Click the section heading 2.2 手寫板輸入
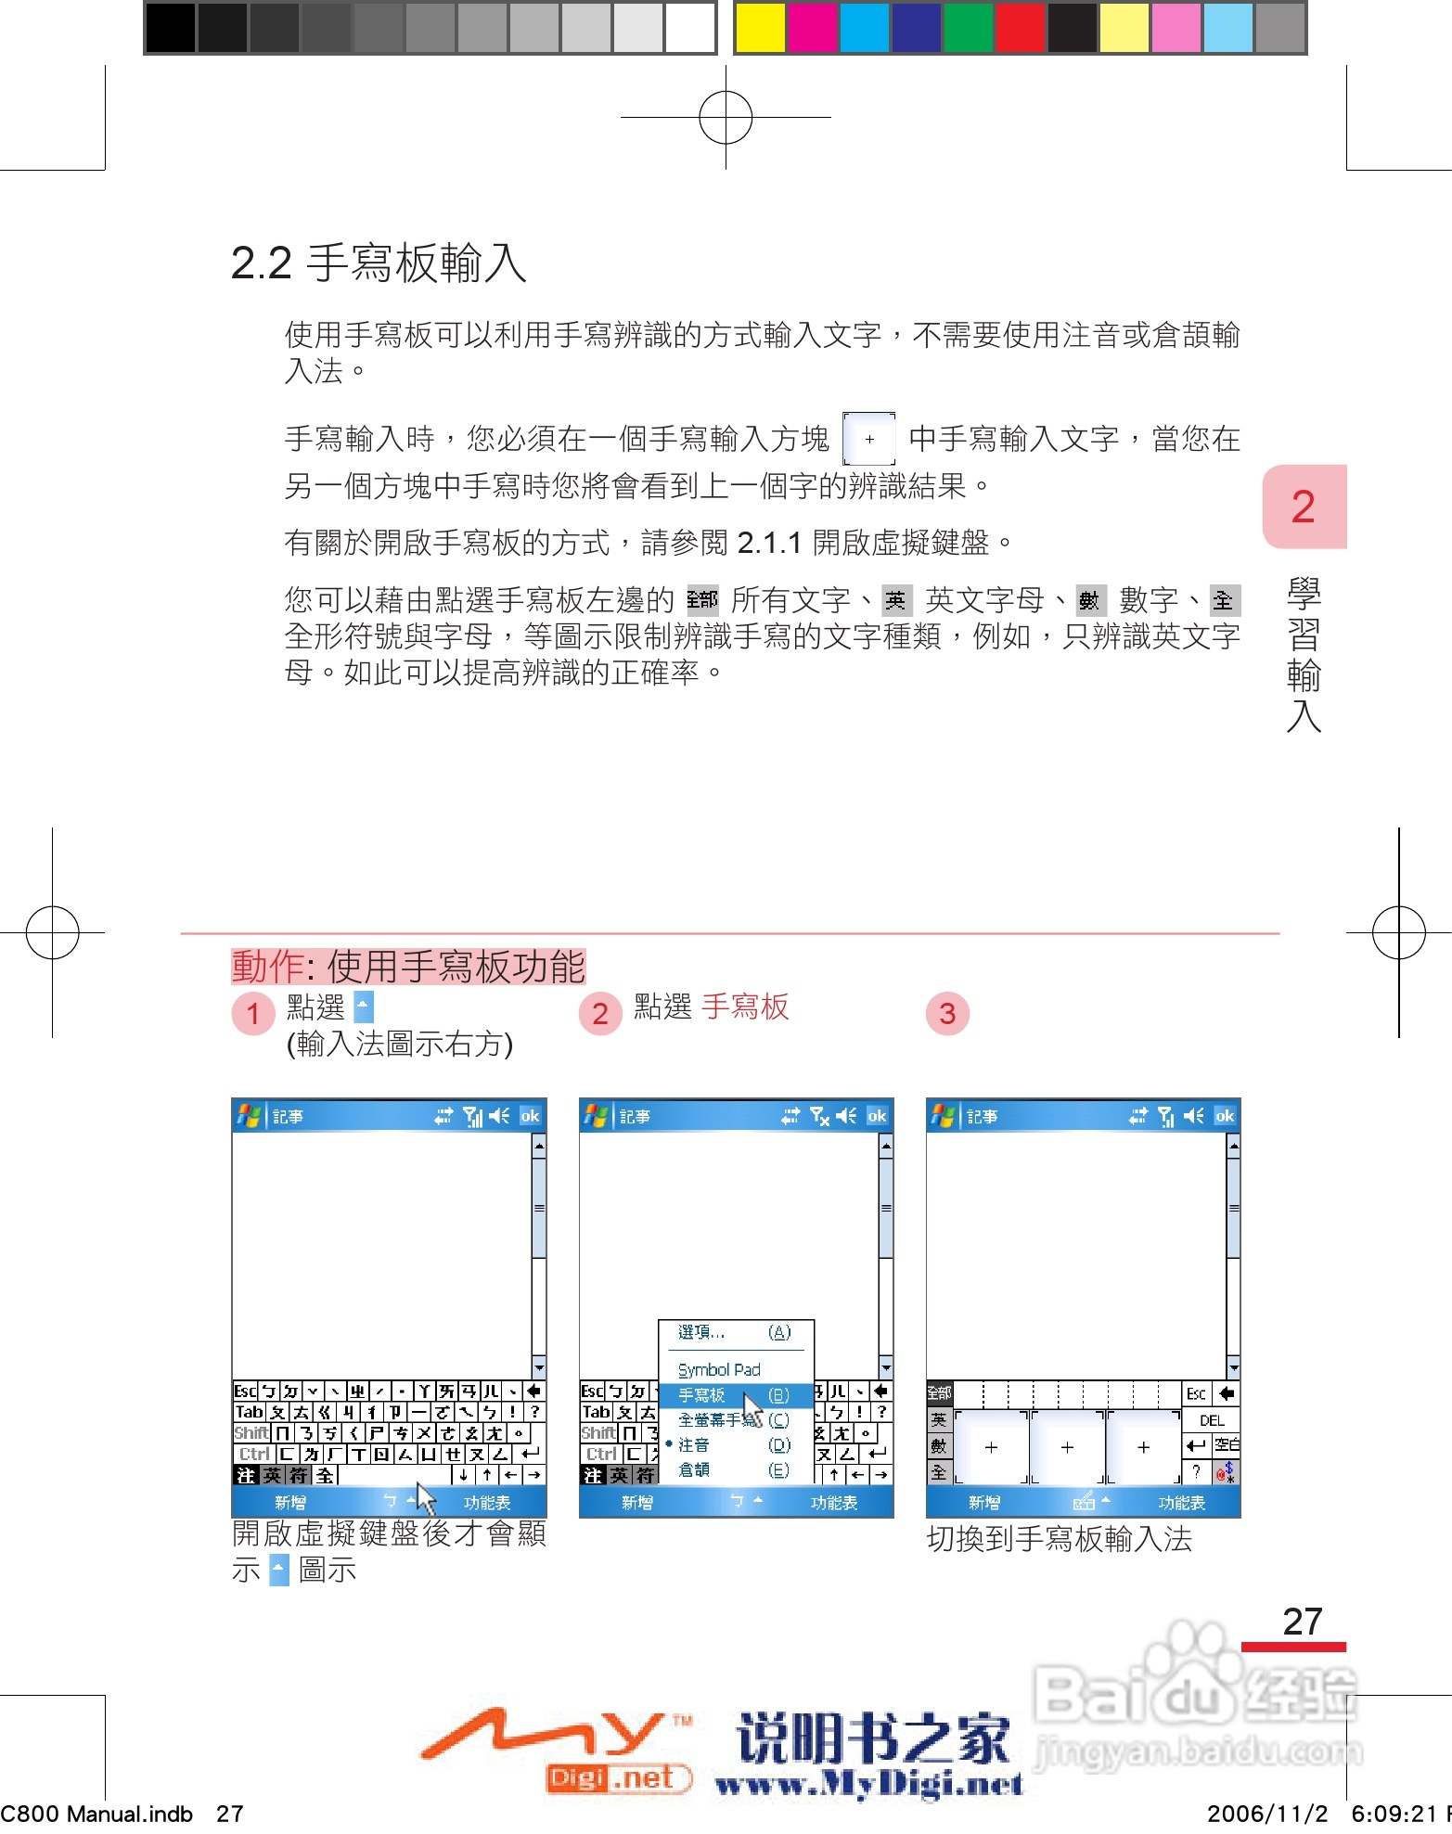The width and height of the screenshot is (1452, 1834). click(378, 263)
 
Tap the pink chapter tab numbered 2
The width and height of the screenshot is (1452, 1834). click(1303, 507)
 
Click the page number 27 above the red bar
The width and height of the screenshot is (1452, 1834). click(1302, 1622)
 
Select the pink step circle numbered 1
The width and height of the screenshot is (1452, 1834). click(252, 1014)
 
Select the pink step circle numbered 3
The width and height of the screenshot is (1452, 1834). click(947, 1014)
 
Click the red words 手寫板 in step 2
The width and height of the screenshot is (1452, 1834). click(744, 1007)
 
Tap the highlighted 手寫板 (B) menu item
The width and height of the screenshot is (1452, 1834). click(733, 1395)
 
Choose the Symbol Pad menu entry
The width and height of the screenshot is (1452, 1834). click(719, 1370)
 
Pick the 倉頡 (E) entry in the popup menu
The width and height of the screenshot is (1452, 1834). click(733, 1469)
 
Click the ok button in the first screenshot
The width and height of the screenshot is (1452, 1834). click(530, 1116)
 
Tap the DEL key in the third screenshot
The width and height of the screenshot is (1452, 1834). click(1212, 1420)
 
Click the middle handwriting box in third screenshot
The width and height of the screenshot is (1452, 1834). click(1067, 1447)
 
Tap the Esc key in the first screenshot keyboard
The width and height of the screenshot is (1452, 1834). click(244, 1391)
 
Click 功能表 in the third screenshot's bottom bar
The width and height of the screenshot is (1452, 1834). click(1181, 1502)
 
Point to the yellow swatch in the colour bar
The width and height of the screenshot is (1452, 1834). click(760, 28)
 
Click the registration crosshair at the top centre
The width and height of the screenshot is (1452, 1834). click(726, 118)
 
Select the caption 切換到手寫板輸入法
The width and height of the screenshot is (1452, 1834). click(1059, 1539)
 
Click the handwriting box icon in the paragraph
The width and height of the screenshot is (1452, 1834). click(868, 439)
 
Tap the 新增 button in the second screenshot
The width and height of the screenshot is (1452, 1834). click(636, 1502)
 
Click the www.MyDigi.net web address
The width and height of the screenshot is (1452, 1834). click(868, 1784)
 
